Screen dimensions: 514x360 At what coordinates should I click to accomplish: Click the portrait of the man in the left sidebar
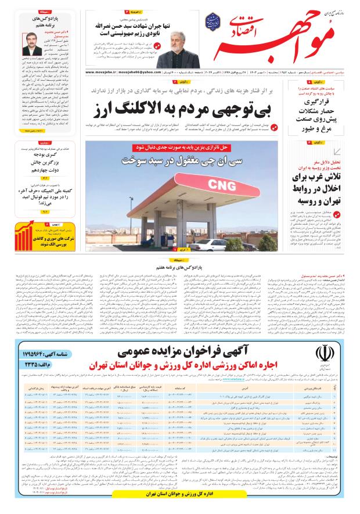point(29,44)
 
